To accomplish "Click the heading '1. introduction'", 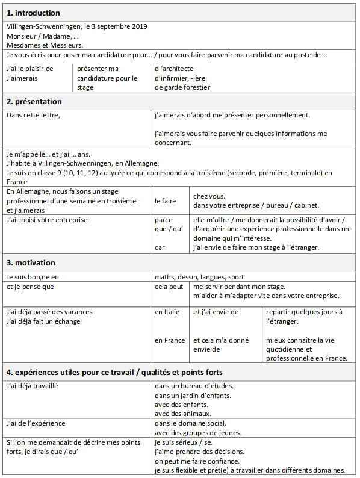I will coord(33,13).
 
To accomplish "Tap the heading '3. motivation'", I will coord(31,262).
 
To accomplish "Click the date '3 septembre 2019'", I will coord(119,26).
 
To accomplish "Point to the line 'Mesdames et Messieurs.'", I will coord(45,45).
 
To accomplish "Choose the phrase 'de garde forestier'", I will coord(182,87).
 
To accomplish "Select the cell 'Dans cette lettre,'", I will coord(34,114).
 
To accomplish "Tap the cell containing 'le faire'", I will coord(166,201).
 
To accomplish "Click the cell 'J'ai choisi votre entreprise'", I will coord(47,220).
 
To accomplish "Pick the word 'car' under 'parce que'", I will coord(160,247).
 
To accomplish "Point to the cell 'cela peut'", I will coord(169,287).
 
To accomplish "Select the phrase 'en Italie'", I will coord(167,312).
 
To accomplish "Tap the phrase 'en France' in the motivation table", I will coord(170,340).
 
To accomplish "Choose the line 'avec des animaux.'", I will coord(183,414).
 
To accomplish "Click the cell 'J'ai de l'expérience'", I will coord(36,423).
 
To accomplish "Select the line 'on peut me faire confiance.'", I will coord(197,461).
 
